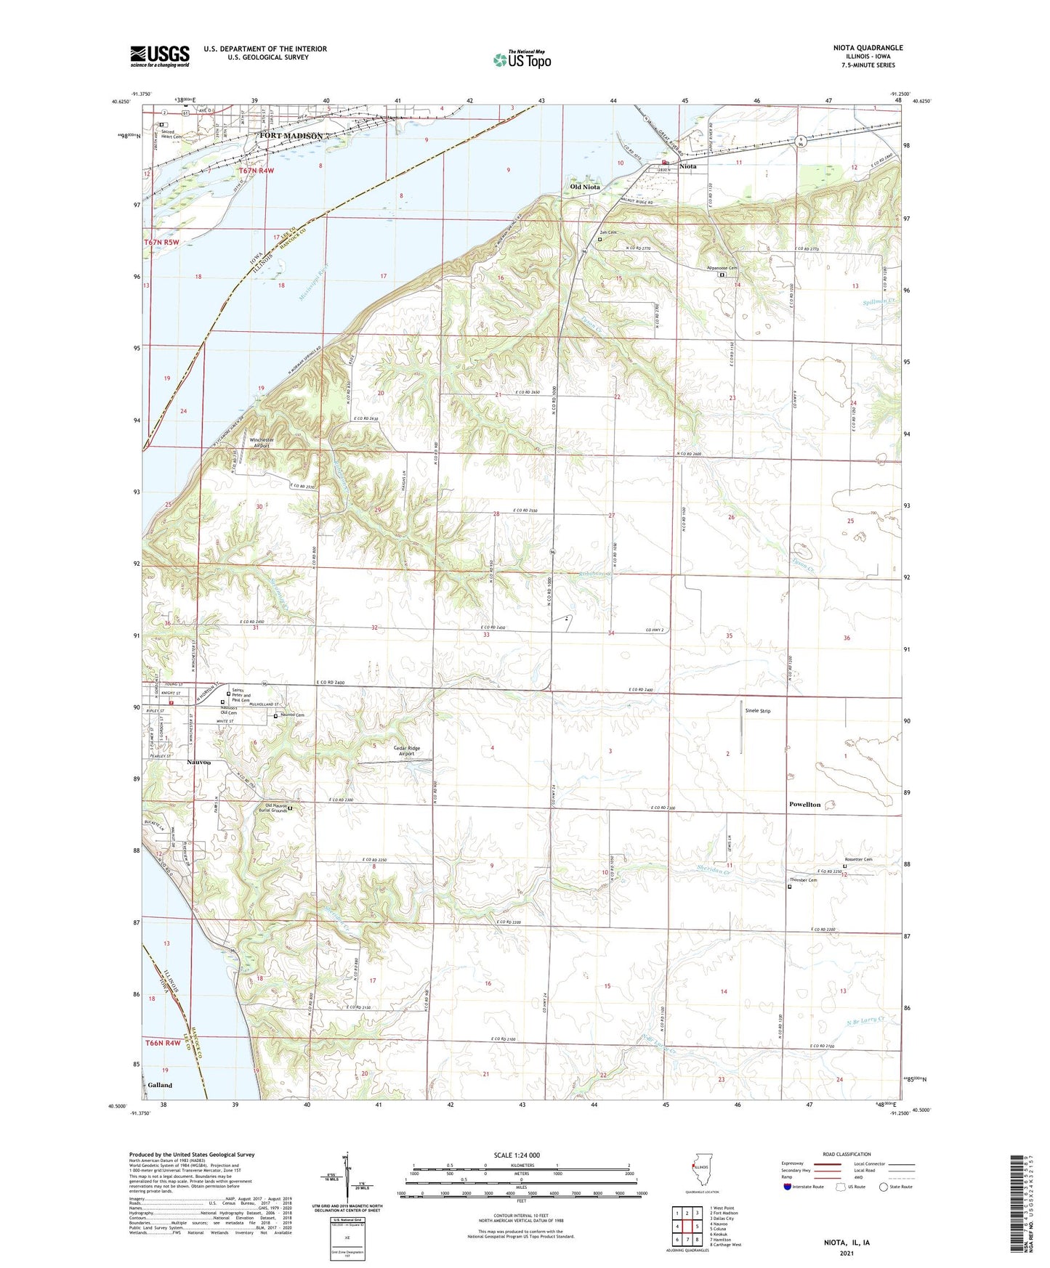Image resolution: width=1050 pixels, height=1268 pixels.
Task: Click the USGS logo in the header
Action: click(160, 55)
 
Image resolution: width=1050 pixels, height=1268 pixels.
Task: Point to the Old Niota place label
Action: click(585, 187)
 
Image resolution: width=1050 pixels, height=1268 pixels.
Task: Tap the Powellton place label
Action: click(804, 805)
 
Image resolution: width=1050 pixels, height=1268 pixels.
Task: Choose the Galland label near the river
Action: click(160, 1085)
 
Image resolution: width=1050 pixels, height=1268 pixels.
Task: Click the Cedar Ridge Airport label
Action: click(407, 751)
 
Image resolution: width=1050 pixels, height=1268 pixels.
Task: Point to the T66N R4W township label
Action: click(163, 1043)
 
